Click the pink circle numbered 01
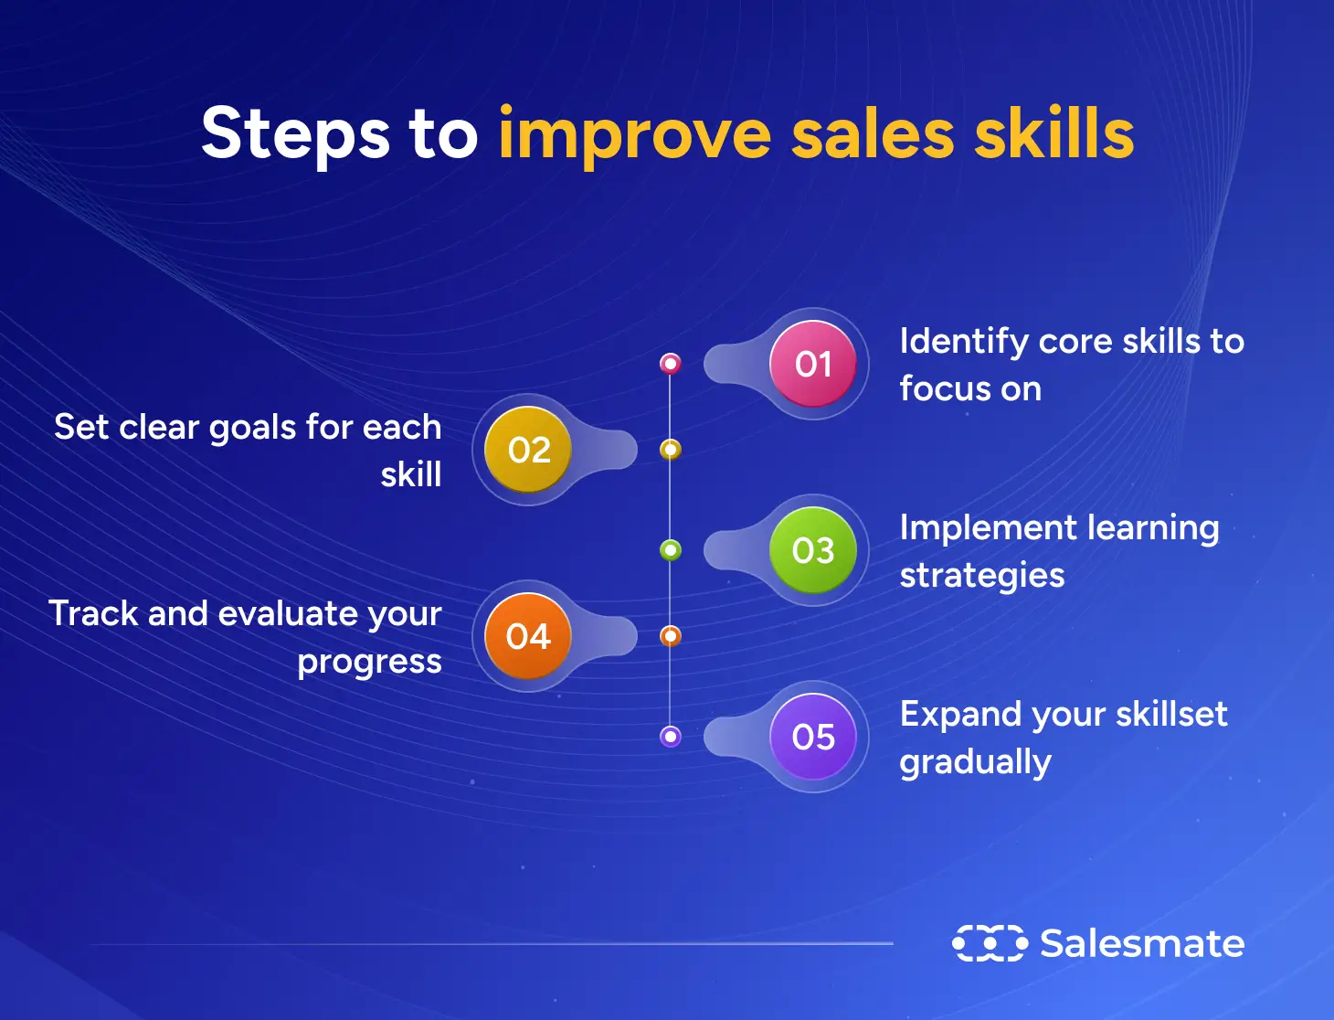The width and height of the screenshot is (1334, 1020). pos(812,364)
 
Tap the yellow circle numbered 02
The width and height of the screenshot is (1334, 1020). pos(527,449)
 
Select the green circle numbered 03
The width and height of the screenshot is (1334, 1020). pos(812,550)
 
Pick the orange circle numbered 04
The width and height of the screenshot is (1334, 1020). pos(527,636)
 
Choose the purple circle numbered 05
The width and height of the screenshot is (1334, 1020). pos(812,736)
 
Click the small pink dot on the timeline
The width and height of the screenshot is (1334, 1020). pos(671,364)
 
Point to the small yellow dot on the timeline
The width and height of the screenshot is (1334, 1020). pos(671,450)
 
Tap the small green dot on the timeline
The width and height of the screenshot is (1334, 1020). pos(671,550)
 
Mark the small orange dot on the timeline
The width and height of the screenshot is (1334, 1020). pos(671,636)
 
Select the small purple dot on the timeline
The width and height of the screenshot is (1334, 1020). pos(671,736)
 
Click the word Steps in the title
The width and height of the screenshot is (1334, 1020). pos(295,136)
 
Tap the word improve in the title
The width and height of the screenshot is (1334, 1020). pos(634,136)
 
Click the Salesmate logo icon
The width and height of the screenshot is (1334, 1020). pos(990,943)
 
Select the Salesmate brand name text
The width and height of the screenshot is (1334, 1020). pos(1142,943)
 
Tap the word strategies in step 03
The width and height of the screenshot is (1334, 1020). pos(982,576)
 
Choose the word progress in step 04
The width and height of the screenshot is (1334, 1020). pos(369,663)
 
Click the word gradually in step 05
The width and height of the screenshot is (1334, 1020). pos(976,762)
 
